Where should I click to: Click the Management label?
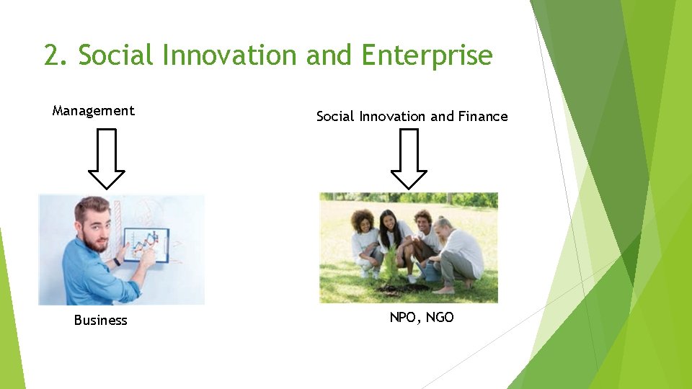93,110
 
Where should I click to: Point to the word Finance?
483,116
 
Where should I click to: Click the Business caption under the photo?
100,321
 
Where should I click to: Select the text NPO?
402,317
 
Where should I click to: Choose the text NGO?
440,317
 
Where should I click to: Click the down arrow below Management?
106,158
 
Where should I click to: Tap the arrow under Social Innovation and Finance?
409,158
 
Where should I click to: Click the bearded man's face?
93,229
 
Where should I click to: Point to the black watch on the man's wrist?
116,261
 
